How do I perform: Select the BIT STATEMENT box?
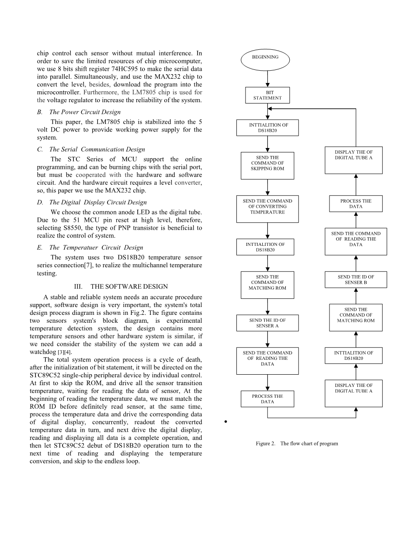coord(267,95)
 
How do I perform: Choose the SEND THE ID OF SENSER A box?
coord(267,323)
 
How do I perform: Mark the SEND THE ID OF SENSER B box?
coord(356,279)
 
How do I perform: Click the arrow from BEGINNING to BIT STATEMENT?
coord(267,79)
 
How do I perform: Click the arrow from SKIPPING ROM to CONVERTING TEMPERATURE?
coord(267,187)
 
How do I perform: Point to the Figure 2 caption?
coord(297,444)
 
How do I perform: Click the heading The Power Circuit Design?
coord(85,112)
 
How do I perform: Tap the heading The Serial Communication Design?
coord(97,149)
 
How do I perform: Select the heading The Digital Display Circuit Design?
coord(98,202)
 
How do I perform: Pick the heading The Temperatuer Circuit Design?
coord(96,248)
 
